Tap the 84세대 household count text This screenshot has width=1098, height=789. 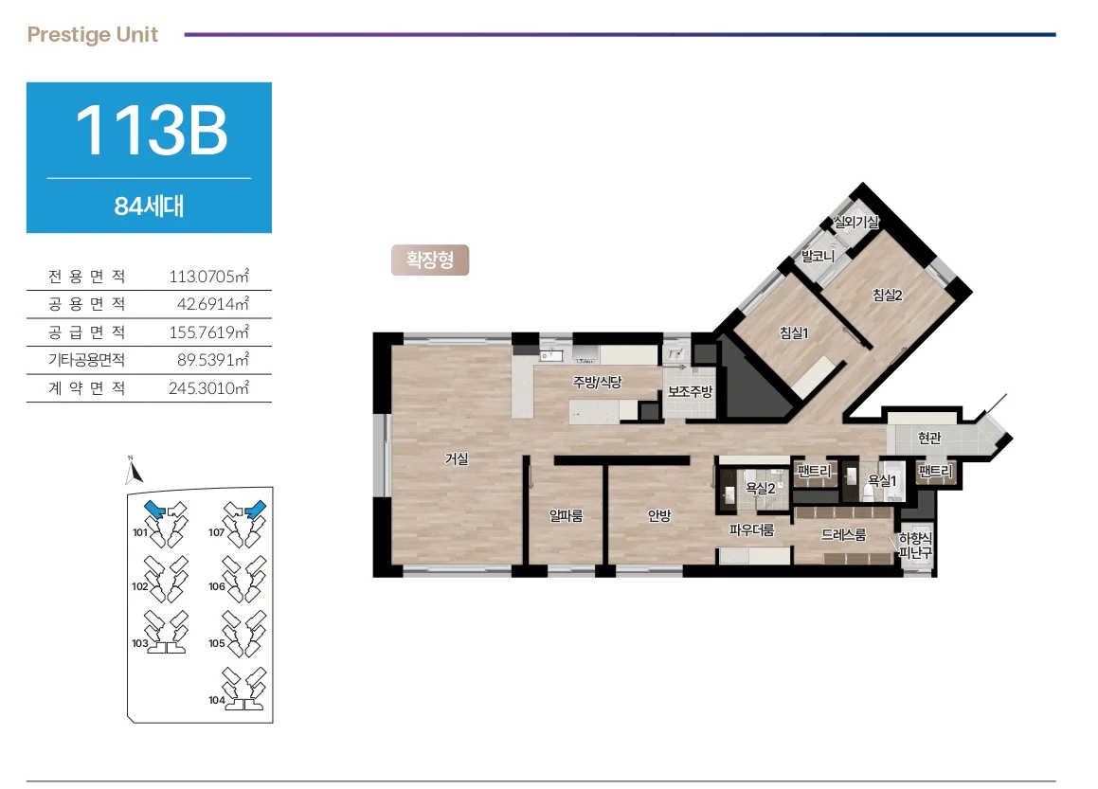(149, 206)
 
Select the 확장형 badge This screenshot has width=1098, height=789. (430, 260)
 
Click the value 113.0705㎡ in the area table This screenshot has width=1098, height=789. (208, 276)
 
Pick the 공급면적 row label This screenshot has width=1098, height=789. (87, 332)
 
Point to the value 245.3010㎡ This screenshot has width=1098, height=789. (208, 387)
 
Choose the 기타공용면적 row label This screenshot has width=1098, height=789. (87, 360)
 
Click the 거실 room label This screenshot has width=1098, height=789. (457, 458)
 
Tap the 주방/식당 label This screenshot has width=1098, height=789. (598, 382)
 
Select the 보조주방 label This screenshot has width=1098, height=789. (690, 391)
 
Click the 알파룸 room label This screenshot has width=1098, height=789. (566, 516)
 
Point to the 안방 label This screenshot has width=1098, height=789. (659, 516)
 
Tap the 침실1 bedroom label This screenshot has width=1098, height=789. (794, 333)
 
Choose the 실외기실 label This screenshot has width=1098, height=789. (855, 222)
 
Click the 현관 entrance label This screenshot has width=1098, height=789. (929, 439)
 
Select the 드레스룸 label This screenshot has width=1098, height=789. (844, 535)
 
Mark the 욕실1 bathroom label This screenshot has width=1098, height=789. (882, 480)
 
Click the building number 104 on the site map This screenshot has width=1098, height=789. (216, 700)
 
